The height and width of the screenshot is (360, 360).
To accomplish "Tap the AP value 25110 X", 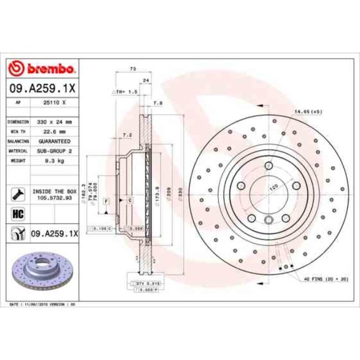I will pos(55,103).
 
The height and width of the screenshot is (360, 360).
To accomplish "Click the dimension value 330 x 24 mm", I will pos(55,121).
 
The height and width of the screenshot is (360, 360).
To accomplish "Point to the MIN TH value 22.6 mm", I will pos(55,132).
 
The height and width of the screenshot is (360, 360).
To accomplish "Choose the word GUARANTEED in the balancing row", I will pos(55,141).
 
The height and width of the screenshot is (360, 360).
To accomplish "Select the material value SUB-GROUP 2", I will pos(55,150).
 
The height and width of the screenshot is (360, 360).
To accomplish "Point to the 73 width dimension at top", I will pos(132,69).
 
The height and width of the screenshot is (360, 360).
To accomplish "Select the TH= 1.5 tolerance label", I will pos(125,91).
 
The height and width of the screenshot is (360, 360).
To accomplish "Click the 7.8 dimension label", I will pos(157,103).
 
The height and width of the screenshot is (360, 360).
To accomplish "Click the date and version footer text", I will pos(43,305).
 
